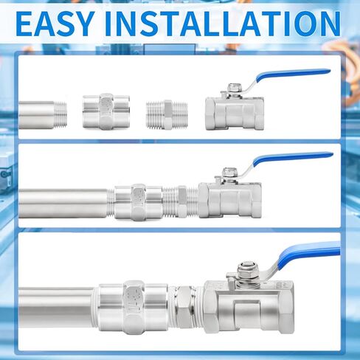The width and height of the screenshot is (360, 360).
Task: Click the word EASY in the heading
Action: (x=55, y=24)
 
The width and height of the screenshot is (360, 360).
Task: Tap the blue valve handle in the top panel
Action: (x=293, y=75)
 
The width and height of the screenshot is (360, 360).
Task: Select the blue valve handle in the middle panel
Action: (x=293, y=158)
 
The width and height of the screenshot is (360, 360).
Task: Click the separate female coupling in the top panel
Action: (x=106, y=111)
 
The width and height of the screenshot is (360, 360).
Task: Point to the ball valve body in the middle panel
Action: (x=229, y=200)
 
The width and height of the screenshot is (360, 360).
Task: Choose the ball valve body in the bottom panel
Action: (x=249, y=307)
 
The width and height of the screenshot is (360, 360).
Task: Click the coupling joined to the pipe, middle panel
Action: (x=139, y=202)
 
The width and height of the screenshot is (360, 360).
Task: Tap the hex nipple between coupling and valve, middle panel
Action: (x=181, y=201)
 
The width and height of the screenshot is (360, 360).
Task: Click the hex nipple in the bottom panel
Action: (x=186, y=308)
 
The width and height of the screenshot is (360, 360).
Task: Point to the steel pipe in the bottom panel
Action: (x=56, y=308)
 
